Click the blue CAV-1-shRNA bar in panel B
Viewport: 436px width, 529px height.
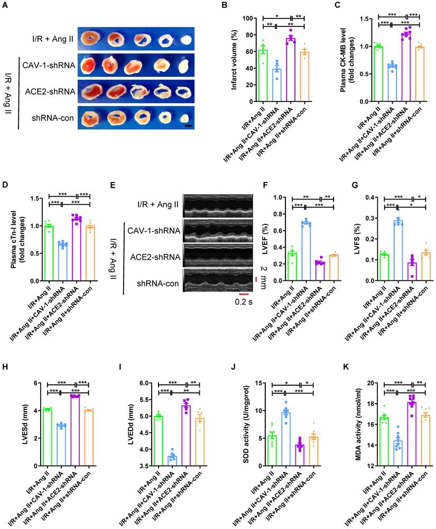(x=276, y=85)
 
